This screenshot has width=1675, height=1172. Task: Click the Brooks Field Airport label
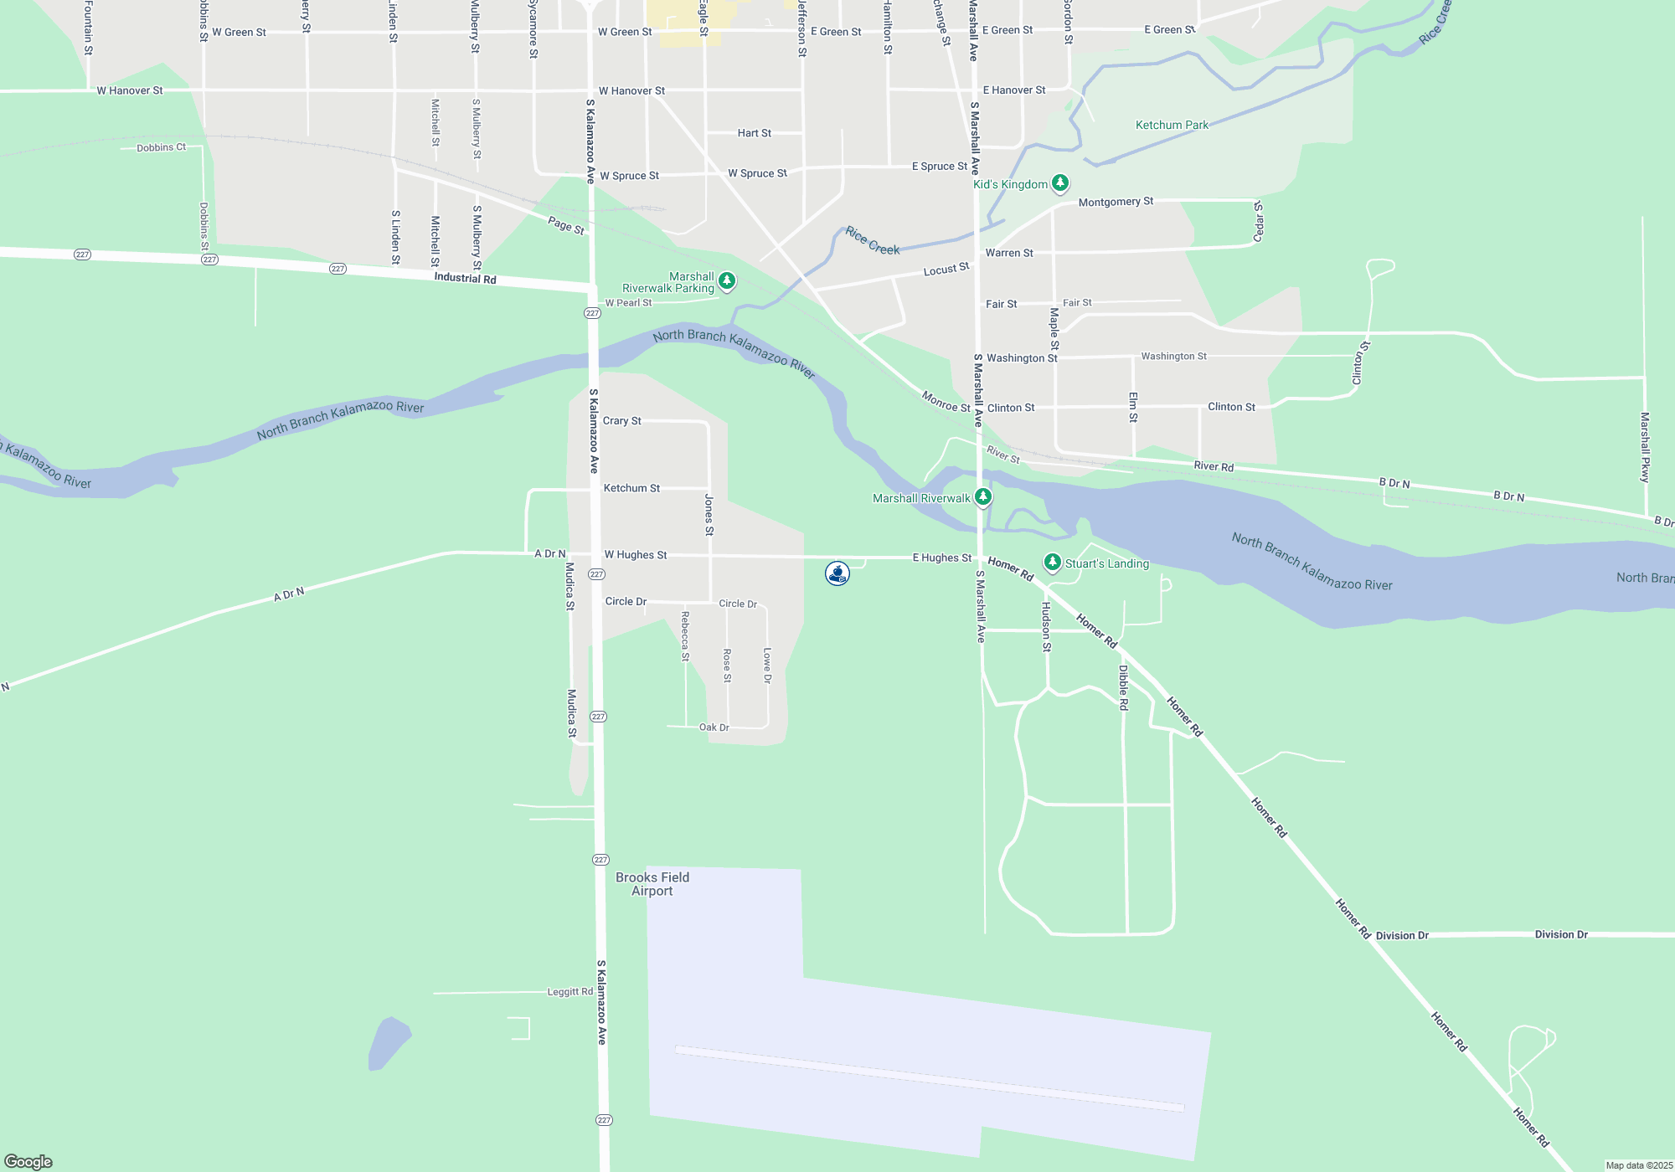coord(652,884)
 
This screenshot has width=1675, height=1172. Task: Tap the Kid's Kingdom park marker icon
coord(1060,182)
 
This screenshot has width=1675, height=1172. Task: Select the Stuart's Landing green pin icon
coord(1053,562)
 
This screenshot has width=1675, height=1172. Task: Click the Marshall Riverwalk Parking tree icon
coord(727,280)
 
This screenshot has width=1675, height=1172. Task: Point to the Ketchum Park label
coord(1172,125)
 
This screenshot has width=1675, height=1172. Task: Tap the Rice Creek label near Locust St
coord(872,240)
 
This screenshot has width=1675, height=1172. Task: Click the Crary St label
coord(621,420)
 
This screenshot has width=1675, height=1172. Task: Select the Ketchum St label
coord(631,488)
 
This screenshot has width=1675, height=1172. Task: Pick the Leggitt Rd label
coord(569,992)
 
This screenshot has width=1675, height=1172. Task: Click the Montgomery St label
coord(1116,202)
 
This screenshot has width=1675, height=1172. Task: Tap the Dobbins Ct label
coord(161,147)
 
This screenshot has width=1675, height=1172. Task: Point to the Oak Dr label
coord(714,727)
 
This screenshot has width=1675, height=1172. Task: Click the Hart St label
coord(754,133)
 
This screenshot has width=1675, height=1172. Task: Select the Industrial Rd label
coord(465,278)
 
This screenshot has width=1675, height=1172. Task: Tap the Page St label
coord(566,225)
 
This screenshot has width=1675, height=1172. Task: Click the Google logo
coord(28,1161)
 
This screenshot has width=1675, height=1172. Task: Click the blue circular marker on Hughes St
coord(837,573)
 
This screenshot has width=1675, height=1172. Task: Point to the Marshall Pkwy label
coord(1645,447)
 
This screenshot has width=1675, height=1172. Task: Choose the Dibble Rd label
coord(1124,687)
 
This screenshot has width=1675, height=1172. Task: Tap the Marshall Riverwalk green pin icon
coord(983,497)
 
